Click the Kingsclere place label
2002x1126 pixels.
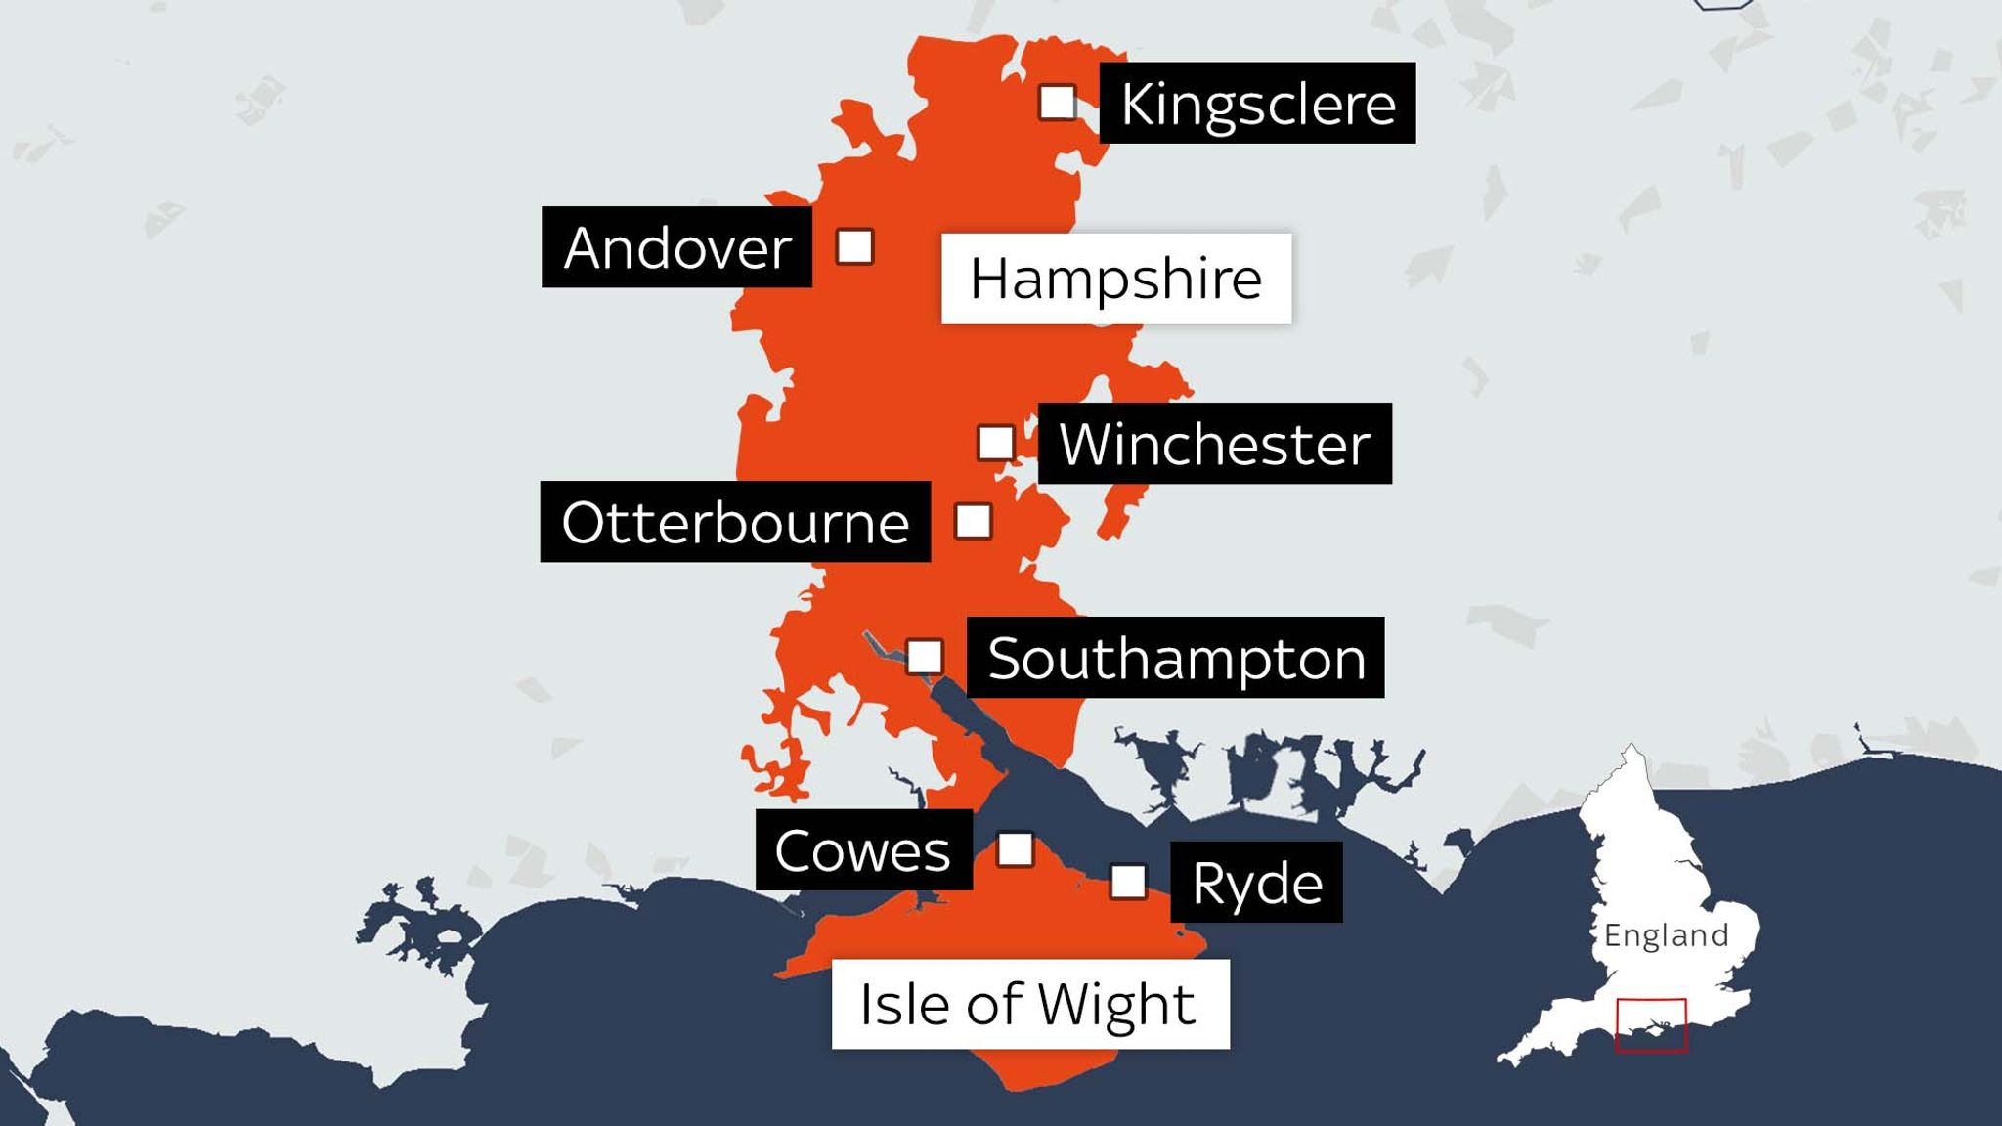pyautogui.click(x=1257, y=104)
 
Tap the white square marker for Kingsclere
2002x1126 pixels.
pyautogui.click(x=1058, y=102)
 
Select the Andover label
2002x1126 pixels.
pyautogui.click(x=676, y=247)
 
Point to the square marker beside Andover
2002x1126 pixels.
pyautogui.click(x=855, y=247)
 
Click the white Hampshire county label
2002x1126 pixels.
pyautogui.click(x=1115, y=279)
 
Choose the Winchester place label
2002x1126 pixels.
pyautogui.click(x=1214, y=444)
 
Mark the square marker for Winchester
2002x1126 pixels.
pyautogui.click(x=996, y=443)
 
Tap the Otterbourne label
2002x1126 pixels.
pyautogui.click(x=735, y=522)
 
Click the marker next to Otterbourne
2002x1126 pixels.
pyautogui.click(x=974, y=521)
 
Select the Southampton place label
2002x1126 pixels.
pyautogui.click(x=1175, y=658)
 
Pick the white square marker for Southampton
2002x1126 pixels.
pyautogui.click(x=925, y=657)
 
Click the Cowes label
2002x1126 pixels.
pyautogui.click(x=863, y=850)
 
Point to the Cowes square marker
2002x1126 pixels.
pyautogui.click(x=1016, y=849)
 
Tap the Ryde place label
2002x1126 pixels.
pyautogui.click(x=1256, y=883)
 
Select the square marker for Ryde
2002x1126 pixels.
pyautogui.click(x=1128, y=882)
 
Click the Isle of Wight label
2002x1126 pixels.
pyautogui.click(x=1029, y=1005)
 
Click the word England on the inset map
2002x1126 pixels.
pyautogui.click(x=1666, y=935)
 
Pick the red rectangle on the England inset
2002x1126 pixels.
pyautogui.click(x=1651, y=1001)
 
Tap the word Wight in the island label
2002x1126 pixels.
pyautogui.click(x=1115, y=1005)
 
